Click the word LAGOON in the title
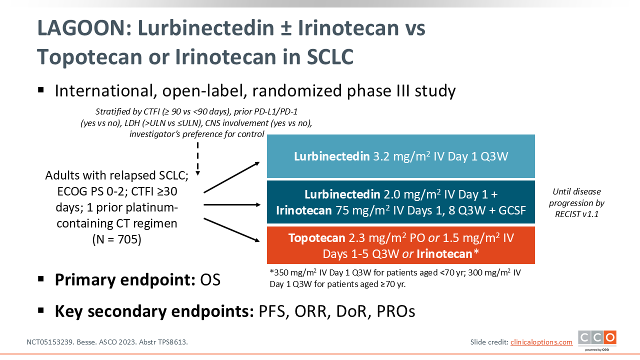click(x=84, y=28)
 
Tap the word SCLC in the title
click(x=330, y=57)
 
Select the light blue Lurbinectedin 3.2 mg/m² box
click(x=401, y=156)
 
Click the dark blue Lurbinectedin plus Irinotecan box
click(x=401, y=202)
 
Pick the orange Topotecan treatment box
click(x=401, y=245)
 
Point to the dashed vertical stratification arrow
click(x=197, y=159)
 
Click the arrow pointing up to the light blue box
click(x=231, y=177)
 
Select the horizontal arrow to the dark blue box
click(x=232, y=204)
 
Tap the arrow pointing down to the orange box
click(x=231, y=230)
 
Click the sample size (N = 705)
click(x=117, y=239)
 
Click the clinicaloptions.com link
click(x=541, y=342)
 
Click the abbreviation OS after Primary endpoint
click(x=210, y=279)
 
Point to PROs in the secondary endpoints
click(x=395, y=311)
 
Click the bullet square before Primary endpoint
click(x=41, y=279)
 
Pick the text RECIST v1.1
click(x=576, y=214)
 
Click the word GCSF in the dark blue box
click(x=512, y=210)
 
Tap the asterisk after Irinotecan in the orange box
click(x=476, y=252)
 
